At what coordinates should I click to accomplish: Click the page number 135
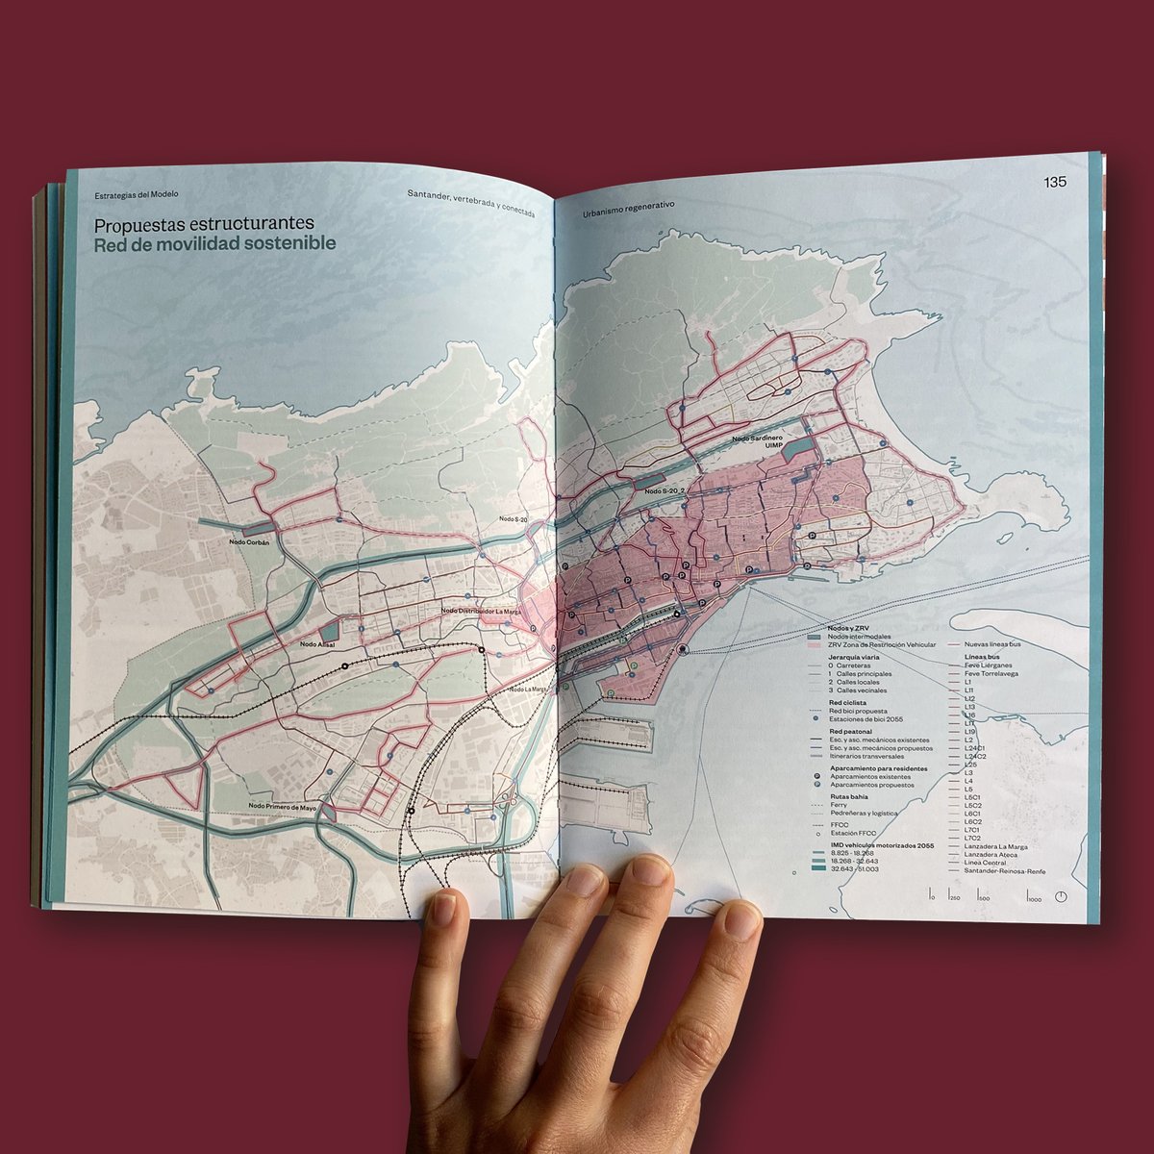coord(1056,183)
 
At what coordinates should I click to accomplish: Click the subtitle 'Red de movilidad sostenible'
coord(213,244)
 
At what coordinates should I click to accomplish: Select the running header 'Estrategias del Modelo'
coord(137,194)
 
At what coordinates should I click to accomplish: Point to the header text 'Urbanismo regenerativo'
coord(628,206)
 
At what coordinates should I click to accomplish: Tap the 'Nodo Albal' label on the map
coord(316,644)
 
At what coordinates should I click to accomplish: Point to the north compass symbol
coord(1061,896)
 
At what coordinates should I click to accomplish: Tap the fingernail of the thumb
coord(443,908)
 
